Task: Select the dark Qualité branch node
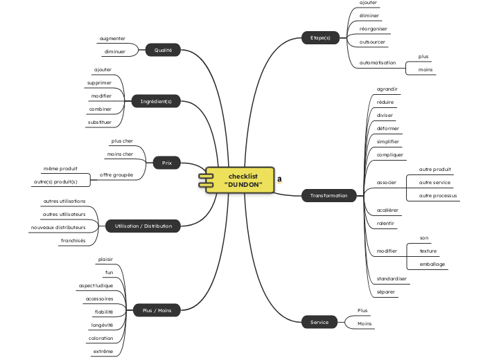click(x=163, y=50)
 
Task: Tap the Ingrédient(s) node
click(x=156, y=101)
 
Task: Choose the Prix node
click(x=166, y=163)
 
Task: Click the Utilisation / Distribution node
click(x=143, y=226)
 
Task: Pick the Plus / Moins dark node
click(x=157, y=310)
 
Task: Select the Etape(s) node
click(x=320, y=37)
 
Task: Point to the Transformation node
click(x=328, y=195)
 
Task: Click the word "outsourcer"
click(x=373, y=42)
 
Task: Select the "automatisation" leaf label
click(x=378, y=63)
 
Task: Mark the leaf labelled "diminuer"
click(x=114, y=52)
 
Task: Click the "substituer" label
click(x=100, y=122)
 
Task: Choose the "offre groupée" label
click(x=116, y=174)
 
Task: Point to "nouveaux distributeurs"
click(x=58, y=227)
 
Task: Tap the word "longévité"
click(x=102, y=325)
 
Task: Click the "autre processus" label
click(x=438, y=195)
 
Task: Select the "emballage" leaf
click(x=432, y=264)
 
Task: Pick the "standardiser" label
click(x=392, y=278)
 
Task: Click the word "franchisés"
click(x=73, y=240)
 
